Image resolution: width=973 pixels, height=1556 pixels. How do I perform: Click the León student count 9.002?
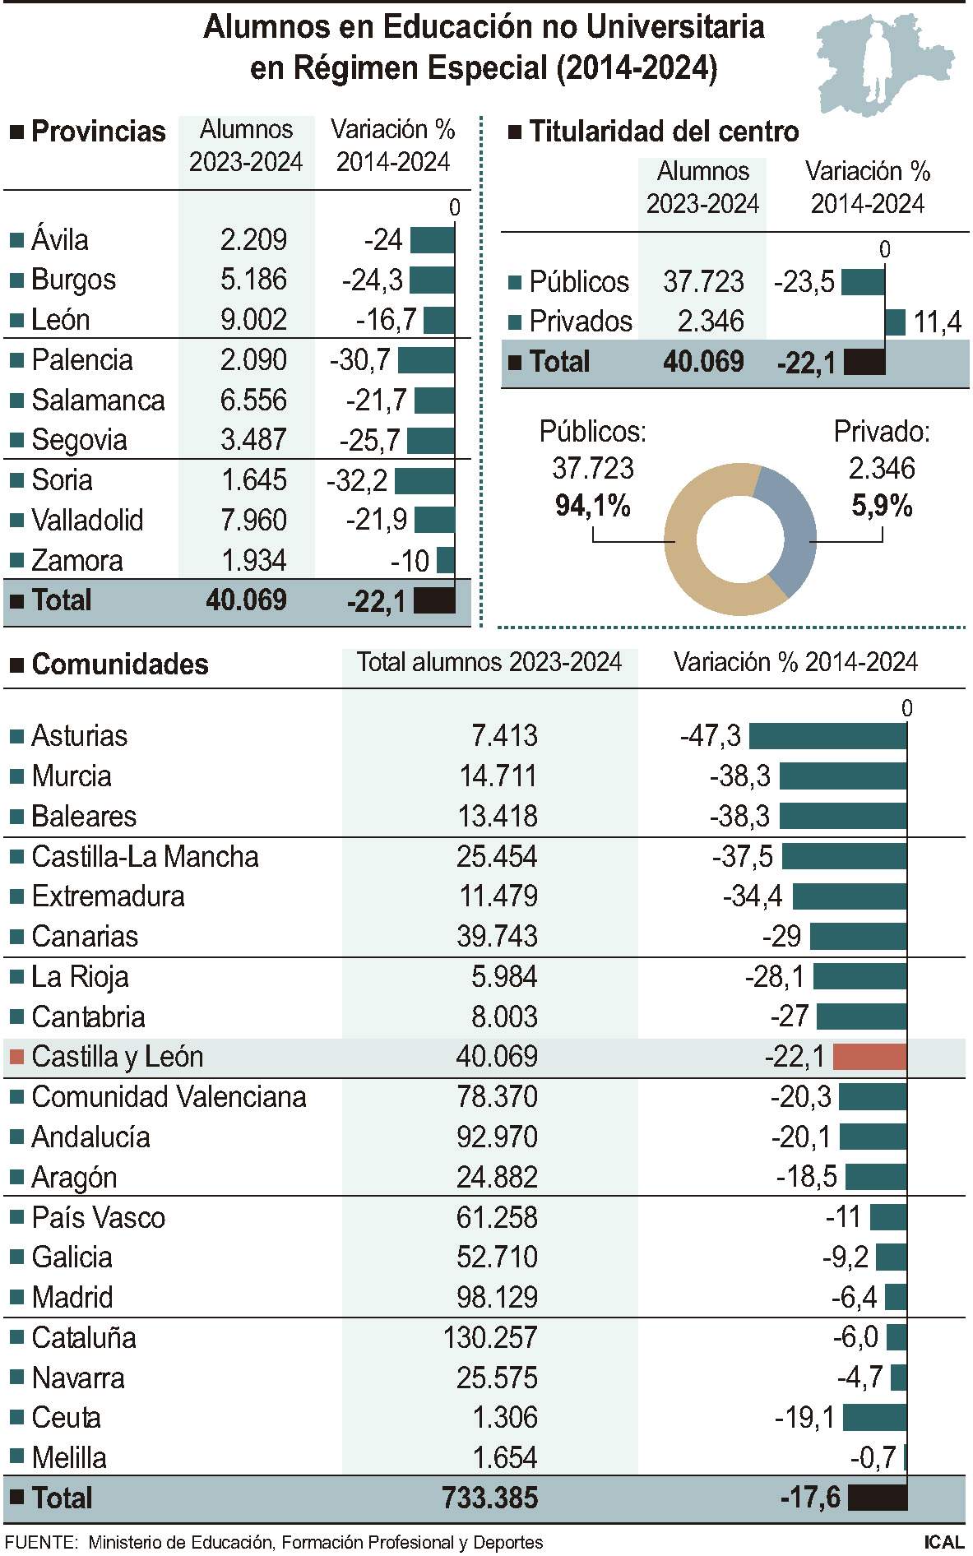click(253, 319)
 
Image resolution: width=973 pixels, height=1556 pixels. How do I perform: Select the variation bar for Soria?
click(424, 480)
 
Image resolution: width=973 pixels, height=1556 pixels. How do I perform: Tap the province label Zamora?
click(77, 561)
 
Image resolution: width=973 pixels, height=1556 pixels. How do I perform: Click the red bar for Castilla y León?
click(869, 1057)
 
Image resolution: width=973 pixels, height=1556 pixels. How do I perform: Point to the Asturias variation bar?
click(827, 736)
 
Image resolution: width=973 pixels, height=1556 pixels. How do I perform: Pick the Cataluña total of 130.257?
click(490, 1338)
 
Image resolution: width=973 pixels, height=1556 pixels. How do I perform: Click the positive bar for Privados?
click(895, 322)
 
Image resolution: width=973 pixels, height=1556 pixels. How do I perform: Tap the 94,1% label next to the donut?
click(592, 505)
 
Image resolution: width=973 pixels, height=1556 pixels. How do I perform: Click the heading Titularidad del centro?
click(663, 132)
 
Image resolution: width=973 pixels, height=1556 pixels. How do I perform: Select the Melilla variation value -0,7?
click(873, 1458)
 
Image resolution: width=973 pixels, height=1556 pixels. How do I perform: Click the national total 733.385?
click(490, 1498)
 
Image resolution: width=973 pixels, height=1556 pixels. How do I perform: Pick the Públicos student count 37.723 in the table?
click(703, 282)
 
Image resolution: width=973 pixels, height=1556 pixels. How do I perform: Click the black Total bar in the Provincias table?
click(434, 601)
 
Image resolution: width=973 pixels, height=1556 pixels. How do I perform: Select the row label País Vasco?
click(98, 1217)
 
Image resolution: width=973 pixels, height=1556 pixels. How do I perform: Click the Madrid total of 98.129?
click(497, 1298)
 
